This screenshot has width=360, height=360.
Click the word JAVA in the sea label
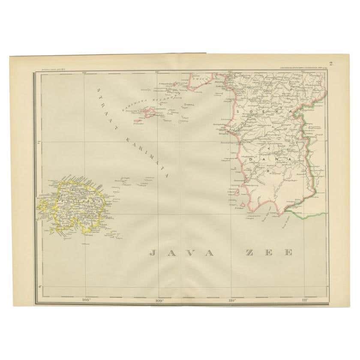[x=181, y=252]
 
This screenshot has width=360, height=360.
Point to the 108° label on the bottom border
[x=87, y=300]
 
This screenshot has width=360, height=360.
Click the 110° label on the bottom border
[x=232, y=300]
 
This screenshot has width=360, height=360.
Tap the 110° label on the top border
[x=231, y=72]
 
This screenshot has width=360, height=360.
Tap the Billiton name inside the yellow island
[x=73, y=200]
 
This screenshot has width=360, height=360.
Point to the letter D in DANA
[x=250, y=159]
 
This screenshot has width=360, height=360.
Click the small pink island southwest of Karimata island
[x=138, y=120]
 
